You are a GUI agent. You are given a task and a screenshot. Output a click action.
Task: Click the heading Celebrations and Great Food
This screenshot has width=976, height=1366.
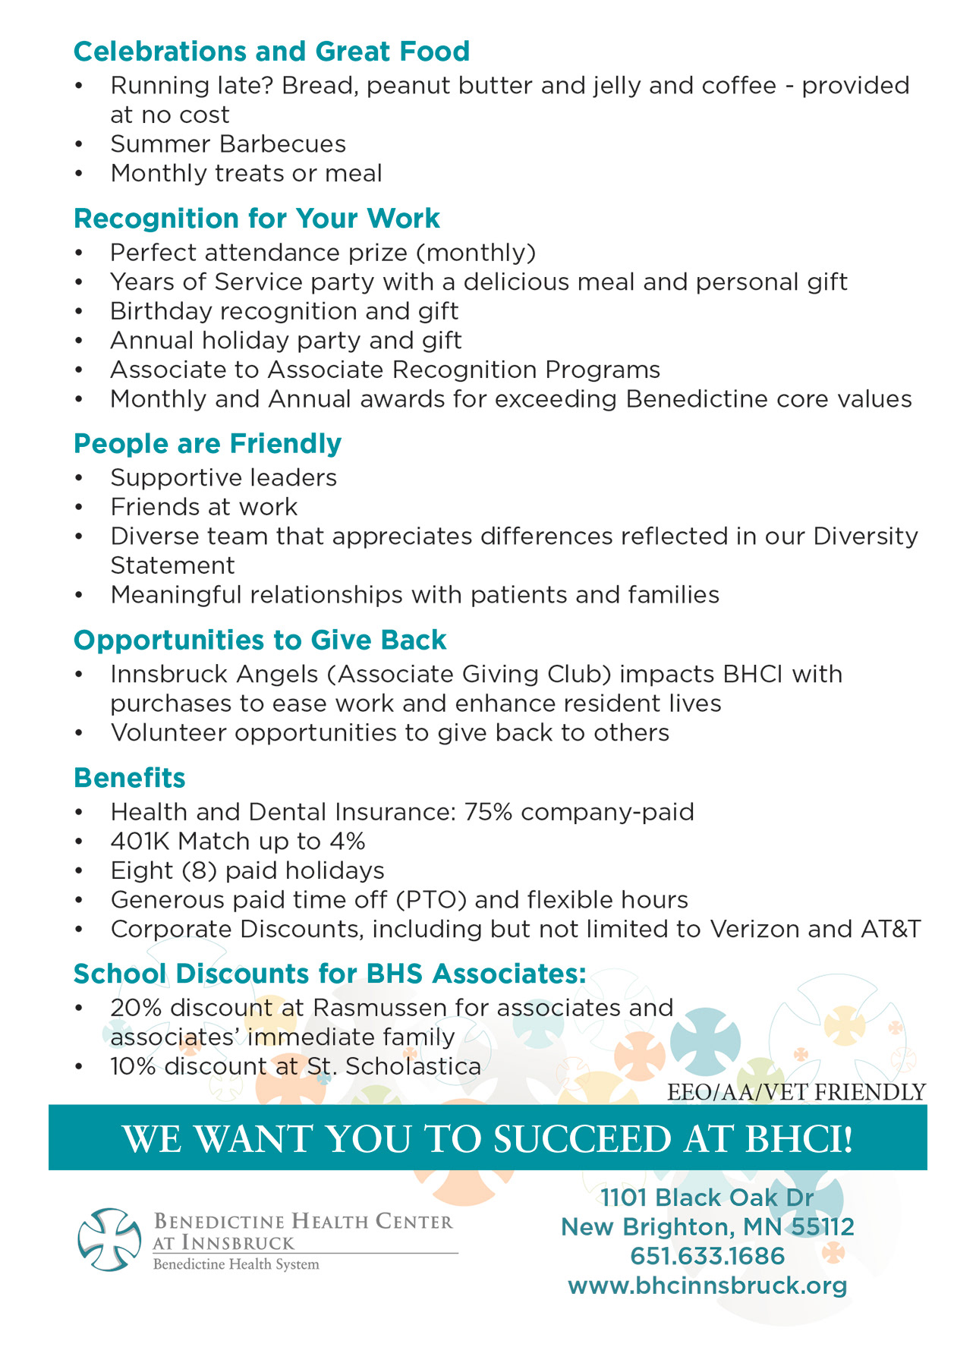272,52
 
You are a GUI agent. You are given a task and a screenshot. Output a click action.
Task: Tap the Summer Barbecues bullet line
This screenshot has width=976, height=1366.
228,144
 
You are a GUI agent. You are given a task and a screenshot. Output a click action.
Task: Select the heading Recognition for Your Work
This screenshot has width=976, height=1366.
257,219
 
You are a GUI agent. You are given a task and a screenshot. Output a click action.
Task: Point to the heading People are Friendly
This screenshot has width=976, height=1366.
207,444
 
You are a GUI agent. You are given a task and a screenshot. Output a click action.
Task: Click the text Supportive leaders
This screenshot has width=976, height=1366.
223,478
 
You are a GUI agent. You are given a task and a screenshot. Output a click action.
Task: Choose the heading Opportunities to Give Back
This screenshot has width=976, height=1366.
260,641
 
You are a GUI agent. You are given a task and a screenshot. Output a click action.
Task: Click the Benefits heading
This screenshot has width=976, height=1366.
129,779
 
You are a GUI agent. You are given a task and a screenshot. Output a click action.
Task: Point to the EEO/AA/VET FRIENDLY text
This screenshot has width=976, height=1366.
796,1092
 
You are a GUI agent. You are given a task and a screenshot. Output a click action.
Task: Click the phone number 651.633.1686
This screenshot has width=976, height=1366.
707,1257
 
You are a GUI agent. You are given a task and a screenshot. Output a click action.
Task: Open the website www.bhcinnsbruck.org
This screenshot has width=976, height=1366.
707,1286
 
